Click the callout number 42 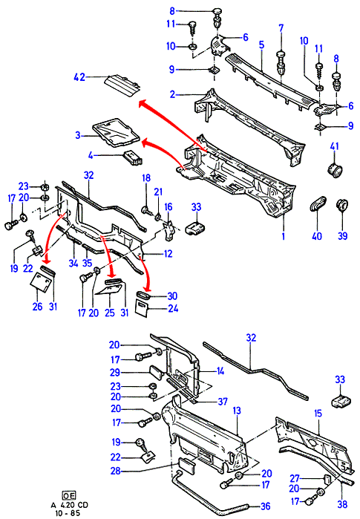[79, 77]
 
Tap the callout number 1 [284, 236]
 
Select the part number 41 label [335, 146]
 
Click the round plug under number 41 [335, 169]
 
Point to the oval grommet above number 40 [318, 203]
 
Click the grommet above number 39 [341, 206]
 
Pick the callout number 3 [78, 135]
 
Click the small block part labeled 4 [133, 157]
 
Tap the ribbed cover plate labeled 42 [122, 85]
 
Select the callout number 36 [266, 506]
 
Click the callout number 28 [116, 470]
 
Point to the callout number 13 [237, 411]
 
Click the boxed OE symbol [69, 495]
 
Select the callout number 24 [173, 308]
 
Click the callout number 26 [37, 307]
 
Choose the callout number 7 [281, 28]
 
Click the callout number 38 [342, 504]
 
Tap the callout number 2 [172, 94]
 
